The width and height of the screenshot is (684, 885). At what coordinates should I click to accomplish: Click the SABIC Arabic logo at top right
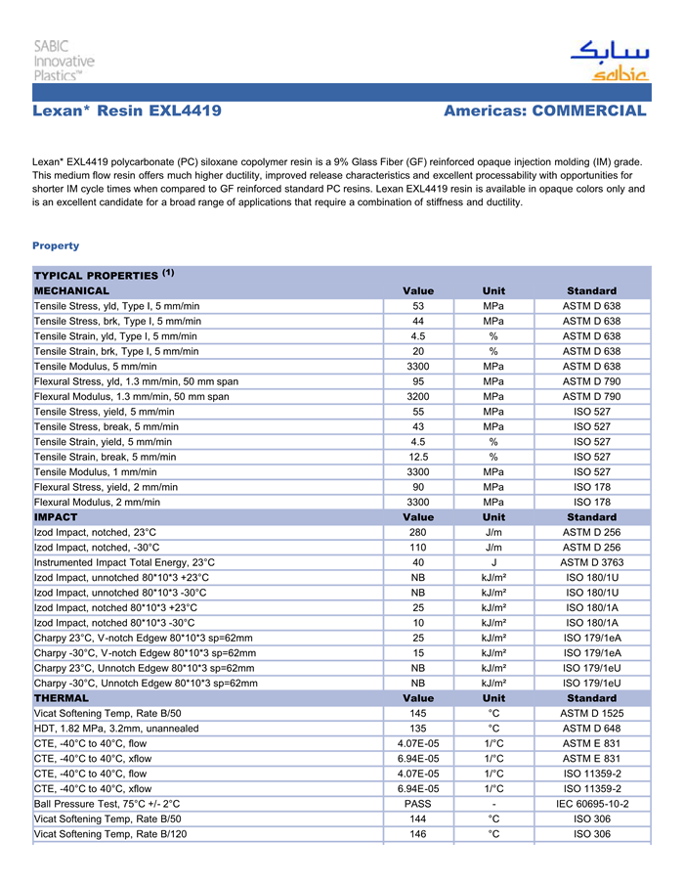click(x=608, y=61)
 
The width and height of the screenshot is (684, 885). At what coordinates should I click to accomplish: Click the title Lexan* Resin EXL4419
click(x=127, y=111)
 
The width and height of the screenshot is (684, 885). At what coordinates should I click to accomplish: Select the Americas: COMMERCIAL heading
click(x=544, y=111)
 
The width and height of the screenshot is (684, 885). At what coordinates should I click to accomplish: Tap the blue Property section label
click(x=56, y=245)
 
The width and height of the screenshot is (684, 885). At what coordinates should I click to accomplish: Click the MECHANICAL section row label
click(x=72, y=290)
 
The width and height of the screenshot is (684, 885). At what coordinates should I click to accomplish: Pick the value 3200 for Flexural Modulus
click(x=418, y=397)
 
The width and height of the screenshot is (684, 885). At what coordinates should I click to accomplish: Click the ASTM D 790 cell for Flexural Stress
click(x=591, y=381)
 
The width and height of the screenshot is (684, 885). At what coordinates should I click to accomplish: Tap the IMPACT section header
click(x=56, y=516)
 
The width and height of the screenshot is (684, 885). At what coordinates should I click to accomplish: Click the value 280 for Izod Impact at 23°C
click(x=418, y=532)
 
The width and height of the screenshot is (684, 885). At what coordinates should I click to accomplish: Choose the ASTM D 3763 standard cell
click(x=591, y=562)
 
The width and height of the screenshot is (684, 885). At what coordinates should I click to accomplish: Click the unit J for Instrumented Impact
click(x=493, y=562)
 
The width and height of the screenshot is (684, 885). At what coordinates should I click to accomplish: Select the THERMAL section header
click(x=62, y=698)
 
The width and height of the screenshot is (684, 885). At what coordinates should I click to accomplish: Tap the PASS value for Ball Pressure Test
click(x=418, y=804)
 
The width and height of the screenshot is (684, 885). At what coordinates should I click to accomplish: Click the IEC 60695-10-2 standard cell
click(x=591, y=804)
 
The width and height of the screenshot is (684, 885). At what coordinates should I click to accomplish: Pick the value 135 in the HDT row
click(x=418, y=729)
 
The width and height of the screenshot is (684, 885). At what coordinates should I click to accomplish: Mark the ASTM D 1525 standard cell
click(x=591, y=714)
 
